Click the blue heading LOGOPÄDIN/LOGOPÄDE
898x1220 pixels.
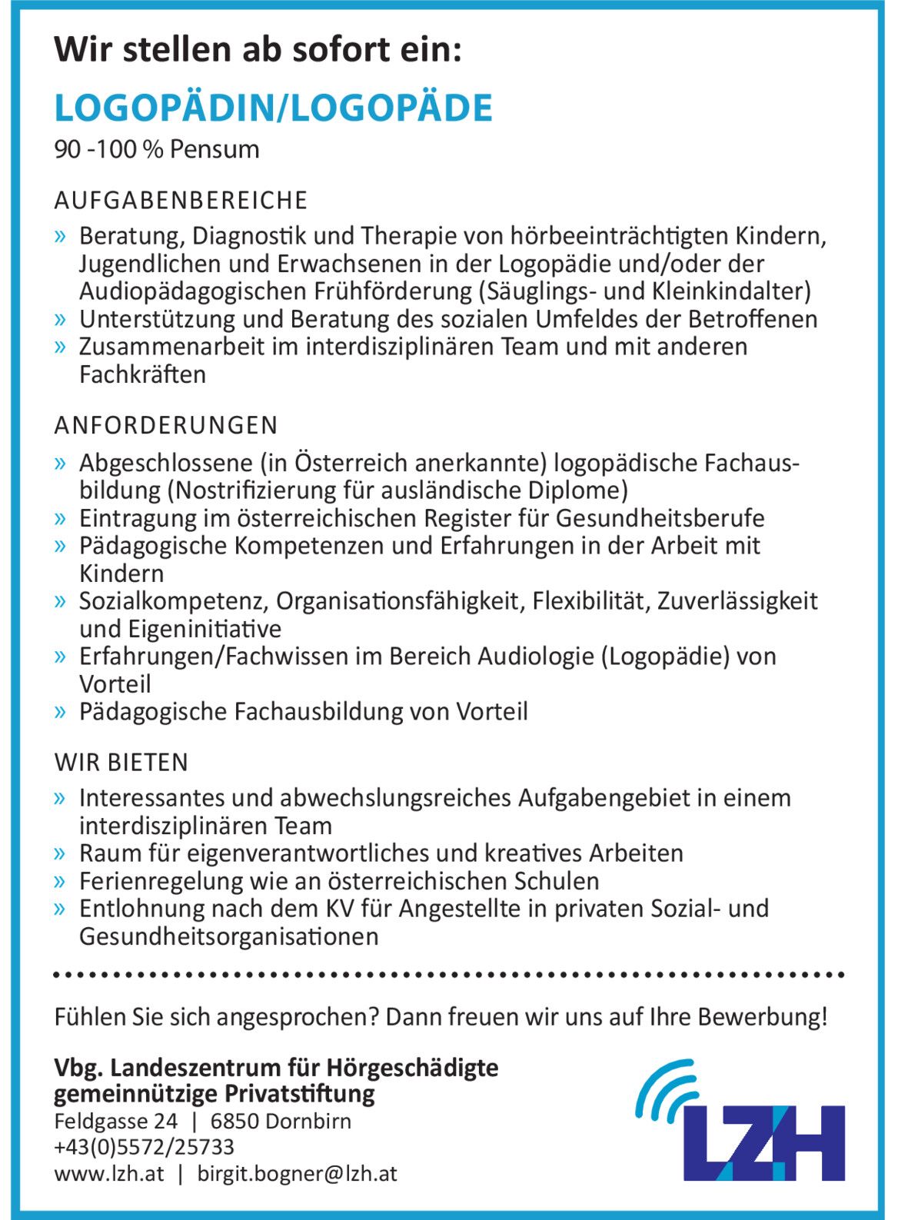pyautogui.click(x=273, y=108)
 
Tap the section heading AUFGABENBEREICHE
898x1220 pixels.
pyautogui.click(x=181, y=201)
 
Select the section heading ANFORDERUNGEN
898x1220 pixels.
pyautogui.click(x=166, y=425)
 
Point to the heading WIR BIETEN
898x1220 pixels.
pyautogui.click(x=121, y=763)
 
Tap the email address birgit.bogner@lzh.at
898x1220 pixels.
pyautogui.click(x=297, y=1174)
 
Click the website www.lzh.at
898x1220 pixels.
pyautogui.click(x=108, y=1174)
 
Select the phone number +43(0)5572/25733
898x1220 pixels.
pyautogui.click(x=144, y=1147)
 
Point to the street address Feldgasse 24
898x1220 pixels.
pyautogui.click(x=115, y=1121)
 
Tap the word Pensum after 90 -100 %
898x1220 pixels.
pyautogui.click(x=215, y=149)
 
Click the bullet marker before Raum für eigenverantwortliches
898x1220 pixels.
pyautogui.click(x=61, y=853)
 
